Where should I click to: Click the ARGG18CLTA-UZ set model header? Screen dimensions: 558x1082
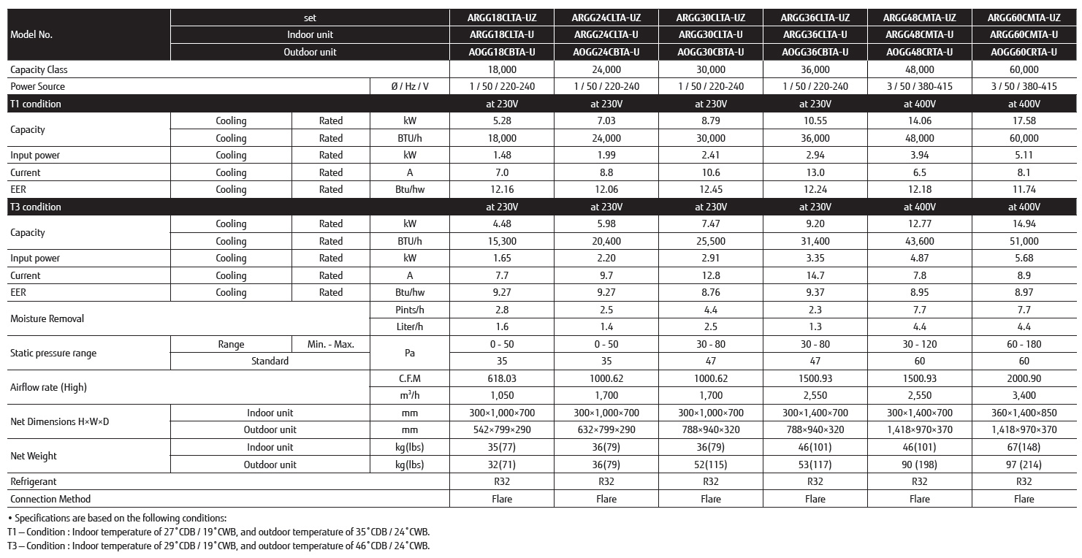[x=501, y=18]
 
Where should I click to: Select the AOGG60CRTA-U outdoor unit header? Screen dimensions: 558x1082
[x=1024, y=52]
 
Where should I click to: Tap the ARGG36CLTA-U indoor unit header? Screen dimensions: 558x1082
[x=815, y=34]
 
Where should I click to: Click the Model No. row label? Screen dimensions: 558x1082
[x=31, y=34]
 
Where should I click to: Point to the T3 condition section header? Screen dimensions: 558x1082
[x=36, y=207]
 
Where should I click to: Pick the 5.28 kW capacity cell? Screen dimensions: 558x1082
[x=501, y=121]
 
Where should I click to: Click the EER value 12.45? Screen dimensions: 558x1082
[x=710, y=189]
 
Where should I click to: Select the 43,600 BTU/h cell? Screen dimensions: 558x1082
[x=919, y=241]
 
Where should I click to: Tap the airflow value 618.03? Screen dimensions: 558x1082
[x=501, y=378]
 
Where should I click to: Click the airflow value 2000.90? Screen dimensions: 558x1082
[x=1024, y=378]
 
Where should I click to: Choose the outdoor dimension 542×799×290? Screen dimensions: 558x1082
[x=501, y=429]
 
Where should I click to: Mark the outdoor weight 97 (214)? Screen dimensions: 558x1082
[x=1024, y=465]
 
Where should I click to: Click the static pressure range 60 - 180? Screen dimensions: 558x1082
[x=1024, y=344]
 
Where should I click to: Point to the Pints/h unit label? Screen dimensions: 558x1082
[x=409, y=310]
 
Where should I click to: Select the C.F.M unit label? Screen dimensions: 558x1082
[x=409, y=378]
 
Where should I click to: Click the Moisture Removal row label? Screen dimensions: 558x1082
[x=47, y=318]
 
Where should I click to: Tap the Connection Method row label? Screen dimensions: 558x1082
[x=50, y=499]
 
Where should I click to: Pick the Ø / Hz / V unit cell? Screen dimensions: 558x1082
[x=409, y=86]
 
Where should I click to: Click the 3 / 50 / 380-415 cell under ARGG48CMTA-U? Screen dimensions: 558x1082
[x=919, y=86]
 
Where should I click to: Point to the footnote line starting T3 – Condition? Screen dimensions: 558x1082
[x=218, y=546]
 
